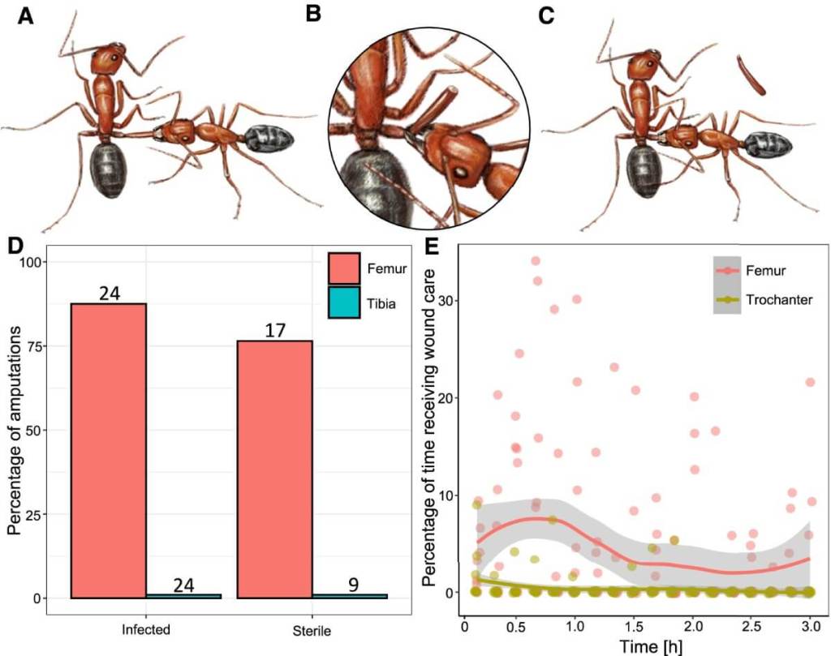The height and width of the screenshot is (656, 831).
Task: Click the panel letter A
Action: [x=26, y=17]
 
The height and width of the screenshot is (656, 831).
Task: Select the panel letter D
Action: [x=17, y=246]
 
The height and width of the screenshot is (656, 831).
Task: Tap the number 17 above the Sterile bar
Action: [x=274, y=332]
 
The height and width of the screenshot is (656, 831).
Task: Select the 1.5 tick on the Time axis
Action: [x=635, y=627]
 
